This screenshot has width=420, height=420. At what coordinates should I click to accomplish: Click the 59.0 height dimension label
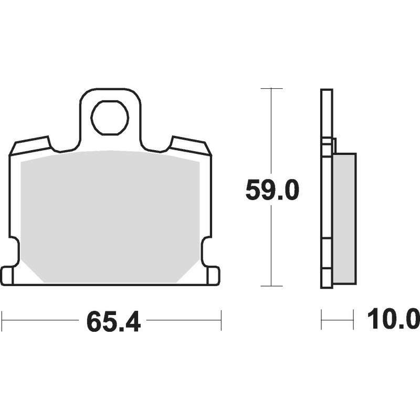(x=271, y=190)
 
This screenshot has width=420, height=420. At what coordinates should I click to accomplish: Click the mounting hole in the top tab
(x=110, y=117)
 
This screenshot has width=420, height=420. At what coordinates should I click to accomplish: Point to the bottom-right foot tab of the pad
(x=214, y=276)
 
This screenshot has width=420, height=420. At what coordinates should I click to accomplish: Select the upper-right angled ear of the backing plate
(x=191, y=145)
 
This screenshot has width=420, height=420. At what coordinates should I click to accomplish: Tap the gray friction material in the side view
(x=344, y=218)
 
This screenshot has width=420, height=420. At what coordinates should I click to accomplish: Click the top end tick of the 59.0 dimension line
(x=271, y=88)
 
